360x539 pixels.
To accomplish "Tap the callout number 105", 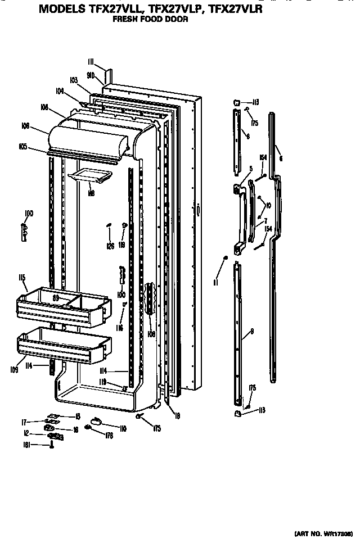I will tap(23, 147).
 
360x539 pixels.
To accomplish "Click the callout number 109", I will tap(13, 370).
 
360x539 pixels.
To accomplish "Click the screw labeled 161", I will tap(52, 446).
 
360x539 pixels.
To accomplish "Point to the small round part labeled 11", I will tap(226, 257).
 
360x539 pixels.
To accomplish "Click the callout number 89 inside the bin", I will tap(56, 298).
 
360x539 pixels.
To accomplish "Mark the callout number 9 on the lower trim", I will tap(251, 332).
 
